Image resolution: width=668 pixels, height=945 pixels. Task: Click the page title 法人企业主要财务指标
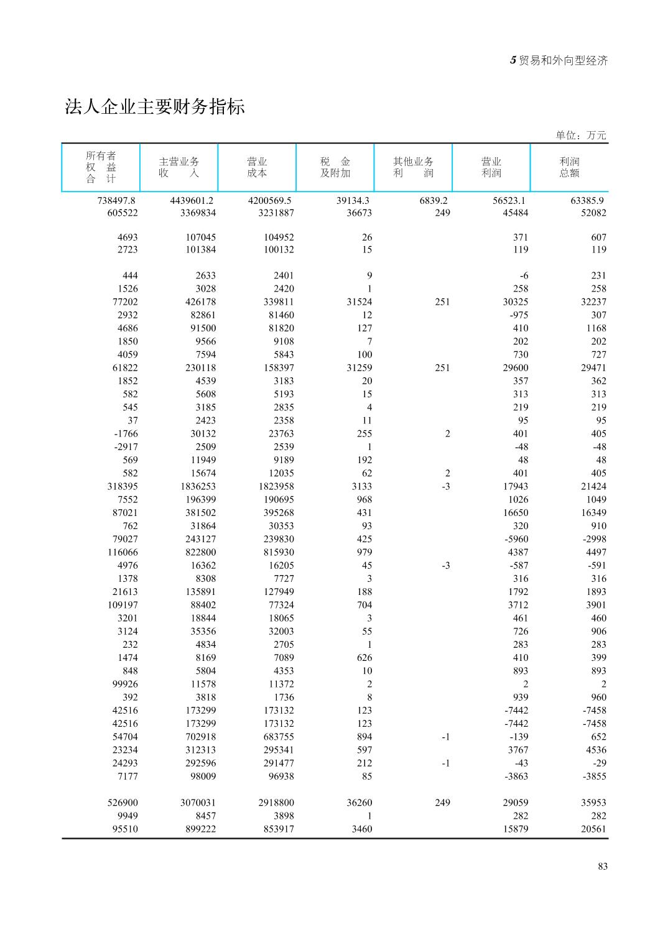pyautogui.click(x=155, y=107)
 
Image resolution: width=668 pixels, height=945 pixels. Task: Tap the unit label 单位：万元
pyautogui.click(x=580, y=135)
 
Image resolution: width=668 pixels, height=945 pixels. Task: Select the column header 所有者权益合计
pyautogui.click(x=101, y=167)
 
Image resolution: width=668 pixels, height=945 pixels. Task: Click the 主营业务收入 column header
pyautogui.click(x=179, y=167)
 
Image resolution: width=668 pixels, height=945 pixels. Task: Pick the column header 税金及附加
pyautogui.click(x=335, y=167)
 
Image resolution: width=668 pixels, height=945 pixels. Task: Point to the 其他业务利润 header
pyautogui.click(x=413, y=167)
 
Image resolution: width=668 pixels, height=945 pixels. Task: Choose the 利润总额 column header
pyautogui.click(x=569, y=167)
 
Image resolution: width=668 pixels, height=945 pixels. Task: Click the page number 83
pyautogui.click(x=602, y=866)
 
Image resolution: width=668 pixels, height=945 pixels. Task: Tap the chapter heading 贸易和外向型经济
pyautogui.click(x=562, y=60)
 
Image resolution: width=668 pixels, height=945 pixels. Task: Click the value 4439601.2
pyautogui.click(x=192, y=200)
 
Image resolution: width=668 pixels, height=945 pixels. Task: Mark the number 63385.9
pyautogui.click(x=587, y=200)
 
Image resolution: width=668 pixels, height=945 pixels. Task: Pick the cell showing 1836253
pyautogui.click(x=198, y=486)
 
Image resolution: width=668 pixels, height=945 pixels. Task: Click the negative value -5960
pyautogui.click(x=516, y=539)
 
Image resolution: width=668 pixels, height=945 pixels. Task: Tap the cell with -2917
pyautogui.click(x=126, y=446)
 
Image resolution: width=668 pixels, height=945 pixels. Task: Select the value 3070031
pyautogui.click(x=198, y=803)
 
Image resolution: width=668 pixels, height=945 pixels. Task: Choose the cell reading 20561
pyautogui.click(x=593, y=829)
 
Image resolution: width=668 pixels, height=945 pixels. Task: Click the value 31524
pyautogui.click(x=359, y=302)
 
